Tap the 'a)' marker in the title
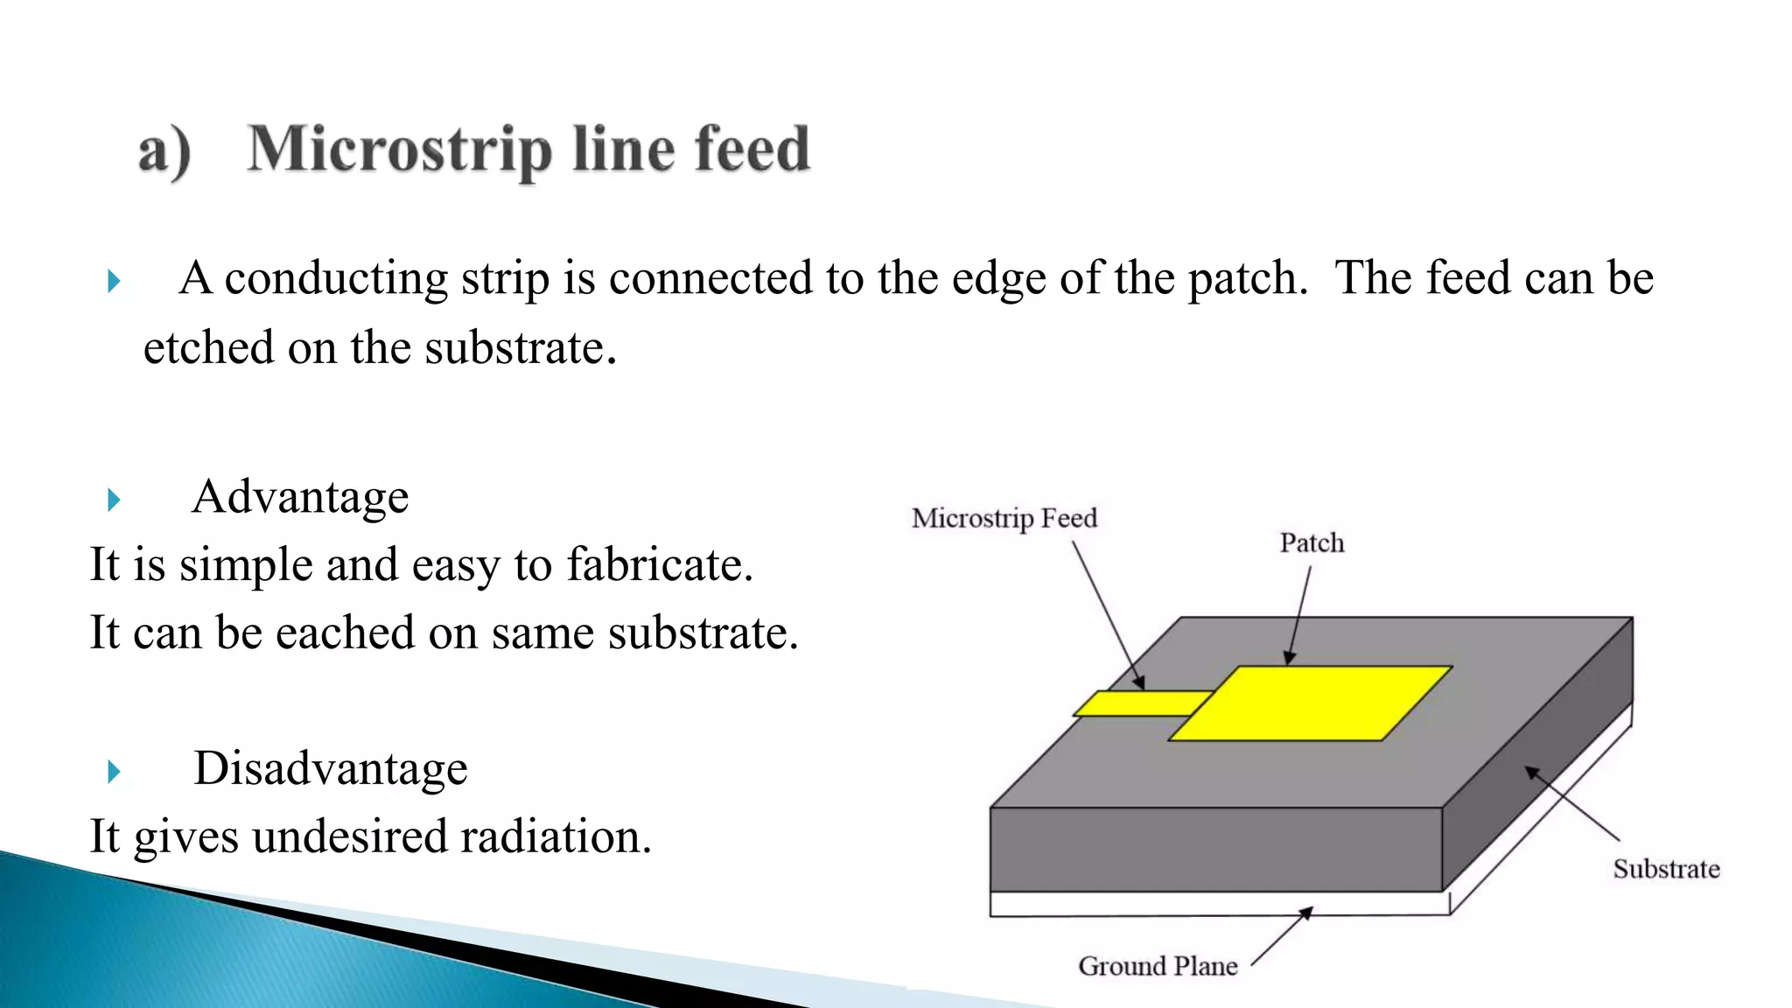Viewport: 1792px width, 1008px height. [x=164, y=151]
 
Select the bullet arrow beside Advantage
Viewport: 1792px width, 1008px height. [x=113, y=500]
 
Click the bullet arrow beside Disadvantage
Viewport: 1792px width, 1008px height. [x=113, y=772]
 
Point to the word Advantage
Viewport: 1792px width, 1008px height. [x=300, y=497]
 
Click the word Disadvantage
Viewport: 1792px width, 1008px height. [x=330, y=768]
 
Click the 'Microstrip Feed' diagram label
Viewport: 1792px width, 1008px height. [x=1004, y=518]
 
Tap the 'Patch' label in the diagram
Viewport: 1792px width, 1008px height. [x=1312, y=543]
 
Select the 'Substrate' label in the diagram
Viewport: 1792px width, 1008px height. [x=1666, y=869]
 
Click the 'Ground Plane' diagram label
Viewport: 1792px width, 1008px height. [x=1158, y=966]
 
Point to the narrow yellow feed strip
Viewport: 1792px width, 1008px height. [x=1137, y=703]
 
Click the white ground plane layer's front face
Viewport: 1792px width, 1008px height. [x=1216, y=904]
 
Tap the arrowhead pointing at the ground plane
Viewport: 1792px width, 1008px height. [x=1305, y=913]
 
